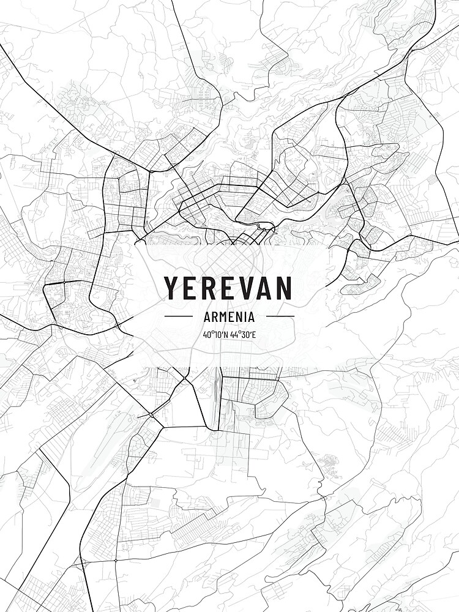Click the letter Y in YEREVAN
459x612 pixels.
coord(171,288)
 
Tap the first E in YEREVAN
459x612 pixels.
coord(190,288)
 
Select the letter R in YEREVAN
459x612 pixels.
coord(209,288)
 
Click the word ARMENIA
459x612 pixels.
coord(229,316)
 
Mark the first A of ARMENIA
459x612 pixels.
coord(206,316)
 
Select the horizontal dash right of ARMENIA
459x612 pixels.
coord(280,316)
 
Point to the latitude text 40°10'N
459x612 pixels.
coord(216,335)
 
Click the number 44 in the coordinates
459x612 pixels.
coord(234,335)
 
